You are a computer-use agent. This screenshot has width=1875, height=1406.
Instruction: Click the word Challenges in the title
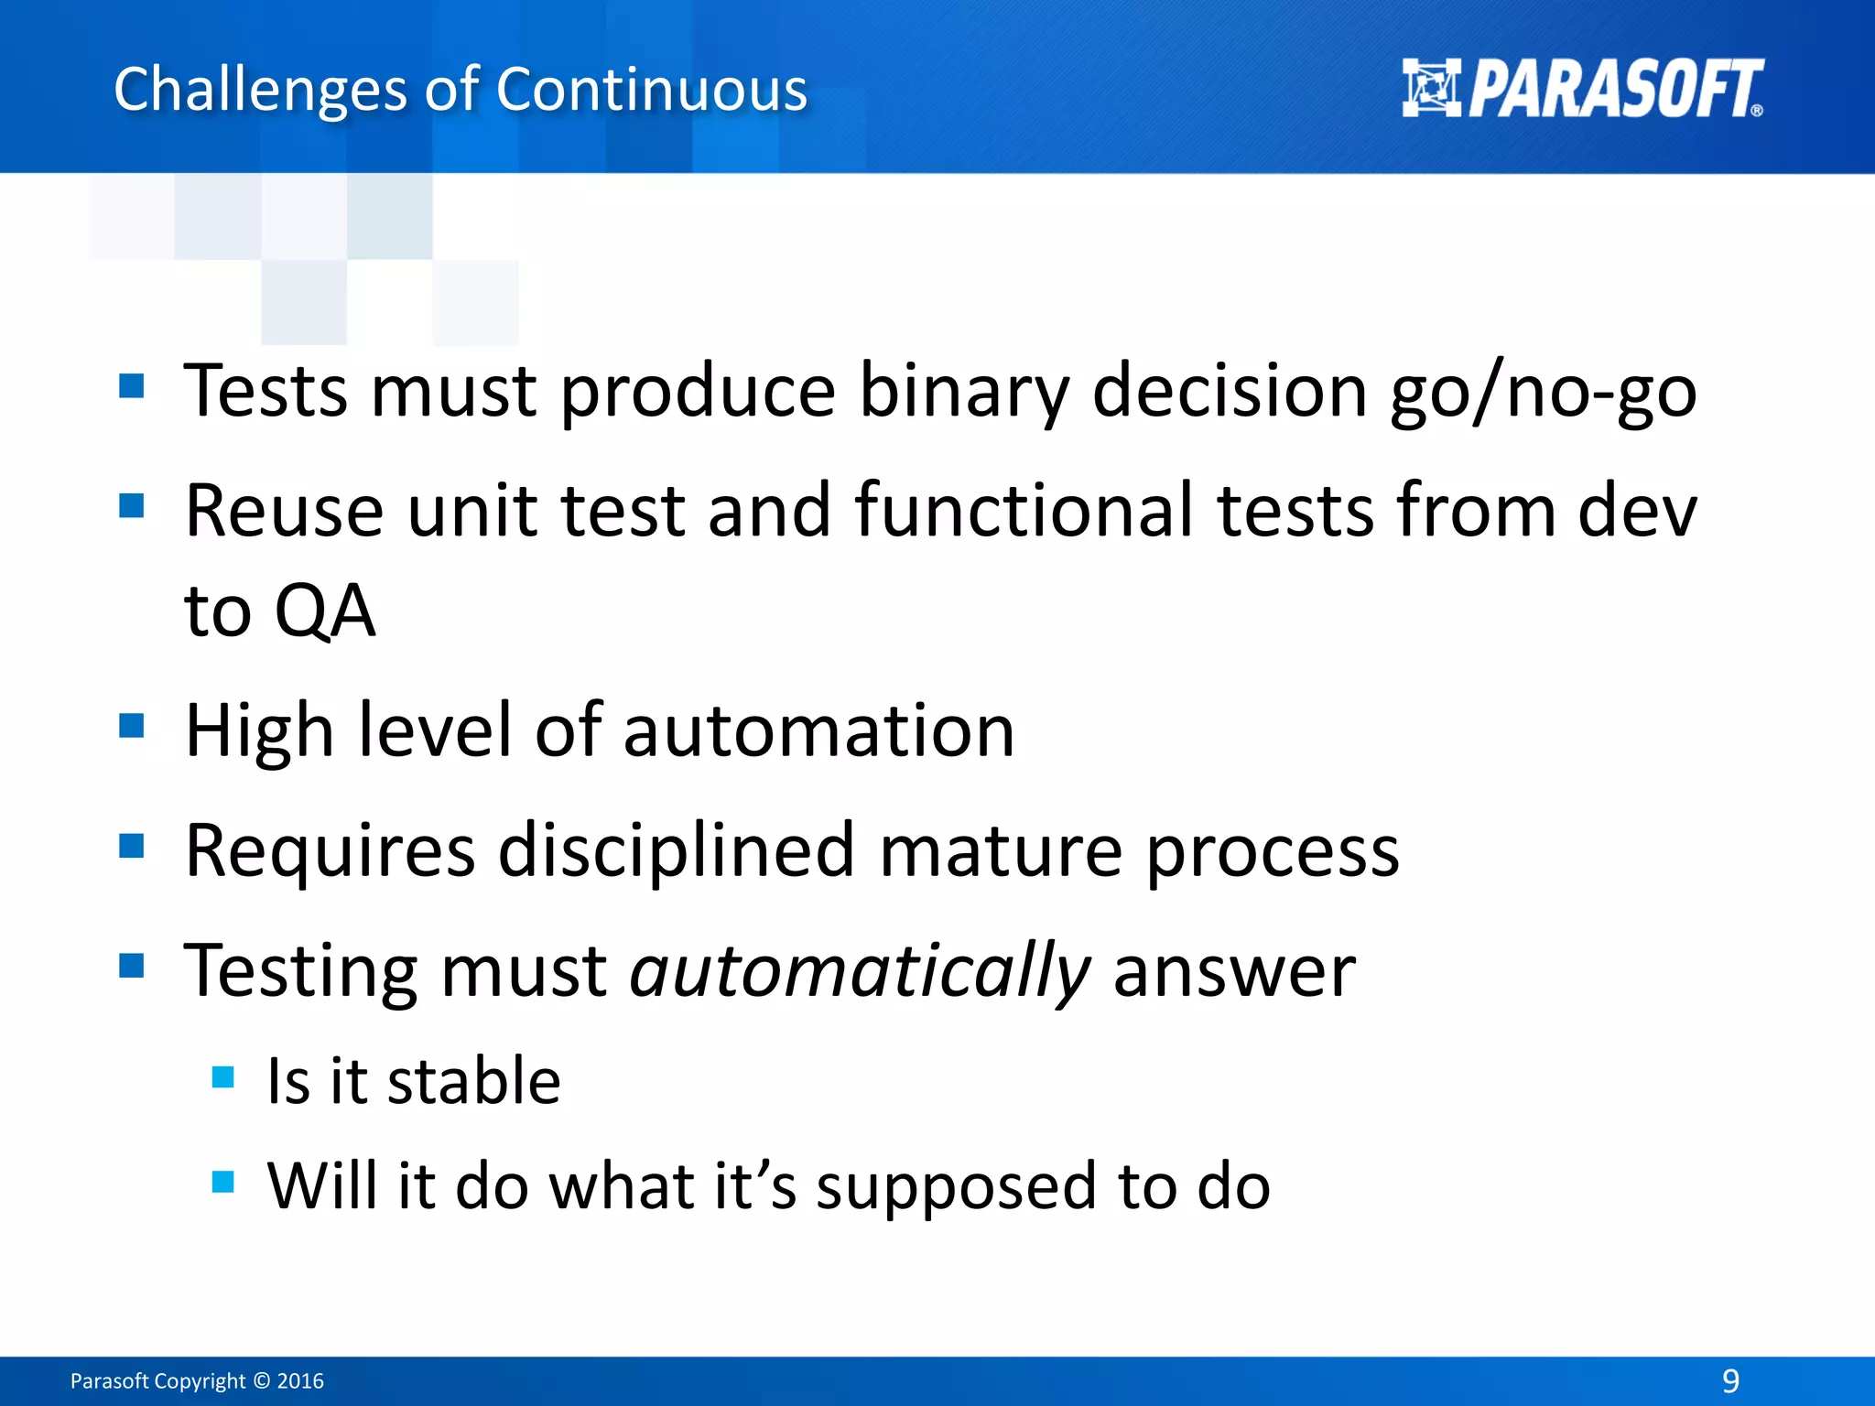(x=259, y=91)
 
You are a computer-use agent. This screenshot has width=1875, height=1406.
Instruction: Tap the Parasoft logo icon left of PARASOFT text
(x=1431, y=88)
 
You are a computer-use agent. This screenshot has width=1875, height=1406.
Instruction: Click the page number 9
(x=1729, y=1380)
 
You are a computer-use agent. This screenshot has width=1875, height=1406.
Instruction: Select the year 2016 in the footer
(x=300, y=1381)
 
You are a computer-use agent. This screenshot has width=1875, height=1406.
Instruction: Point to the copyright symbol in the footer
(x=261, y=1381)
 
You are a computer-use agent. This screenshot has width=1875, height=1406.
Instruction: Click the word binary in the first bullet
(x=964, y=392)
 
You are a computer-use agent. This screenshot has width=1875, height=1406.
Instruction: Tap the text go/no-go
(x=1543, y=392)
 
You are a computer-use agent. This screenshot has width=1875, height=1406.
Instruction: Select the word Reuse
(x=284, y=511)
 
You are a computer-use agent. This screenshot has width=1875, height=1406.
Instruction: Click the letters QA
(x=325, y=611)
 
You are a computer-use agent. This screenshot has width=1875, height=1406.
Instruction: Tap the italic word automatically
(x=860, y=971)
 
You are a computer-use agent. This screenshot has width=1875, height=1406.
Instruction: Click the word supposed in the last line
(x=955, y=1186)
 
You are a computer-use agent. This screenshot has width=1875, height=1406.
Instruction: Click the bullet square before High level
(x=132, y=727)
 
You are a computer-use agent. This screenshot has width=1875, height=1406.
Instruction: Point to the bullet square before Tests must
(x=132, y=386)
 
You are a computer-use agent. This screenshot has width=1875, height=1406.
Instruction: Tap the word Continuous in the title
(x=652, y=91)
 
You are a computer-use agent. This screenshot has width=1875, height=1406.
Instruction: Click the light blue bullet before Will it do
(x=223, y=1182)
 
